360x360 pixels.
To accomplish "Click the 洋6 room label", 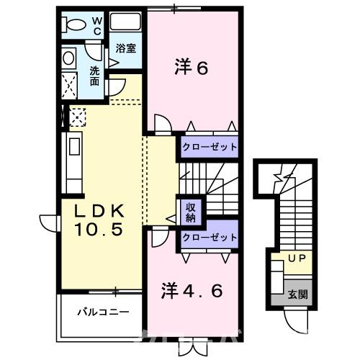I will [191, 68].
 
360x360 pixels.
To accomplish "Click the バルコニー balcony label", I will [104, 313].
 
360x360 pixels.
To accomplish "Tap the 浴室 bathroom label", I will [127, 49].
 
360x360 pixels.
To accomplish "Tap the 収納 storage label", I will [192, 212].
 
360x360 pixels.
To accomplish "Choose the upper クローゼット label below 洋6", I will [210, 147].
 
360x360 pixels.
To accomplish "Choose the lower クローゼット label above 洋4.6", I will [210, 237].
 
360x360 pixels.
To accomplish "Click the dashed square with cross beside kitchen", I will [76, 115].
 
